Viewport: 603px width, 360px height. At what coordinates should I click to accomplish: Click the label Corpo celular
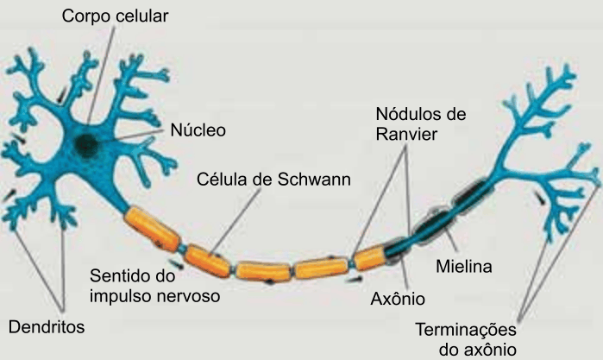coord(115,16)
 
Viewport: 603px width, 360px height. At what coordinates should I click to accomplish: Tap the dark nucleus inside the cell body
coord(86,145)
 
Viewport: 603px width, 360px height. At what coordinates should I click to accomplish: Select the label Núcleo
coord(198,130)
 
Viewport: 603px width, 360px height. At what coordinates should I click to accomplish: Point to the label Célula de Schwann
coord(273,180)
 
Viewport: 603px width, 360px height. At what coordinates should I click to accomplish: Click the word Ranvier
coord(406,135)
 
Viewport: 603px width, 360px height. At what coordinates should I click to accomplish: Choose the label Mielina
coord(464,267)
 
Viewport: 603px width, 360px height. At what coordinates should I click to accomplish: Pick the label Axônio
coord(398,299)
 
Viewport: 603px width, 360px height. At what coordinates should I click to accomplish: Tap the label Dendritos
coord(47,327)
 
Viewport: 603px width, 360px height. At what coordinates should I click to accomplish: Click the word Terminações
coord(466,331)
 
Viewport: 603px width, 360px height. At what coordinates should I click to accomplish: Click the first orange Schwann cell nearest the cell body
coord(153,228)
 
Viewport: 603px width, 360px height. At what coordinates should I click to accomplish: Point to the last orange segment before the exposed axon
coord(369,257)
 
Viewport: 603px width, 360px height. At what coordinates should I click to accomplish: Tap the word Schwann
coord(314,180)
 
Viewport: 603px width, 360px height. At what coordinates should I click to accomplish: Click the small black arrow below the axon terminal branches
coord(540,198)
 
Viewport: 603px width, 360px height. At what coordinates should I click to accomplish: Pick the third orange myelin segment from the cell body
coord(263,271)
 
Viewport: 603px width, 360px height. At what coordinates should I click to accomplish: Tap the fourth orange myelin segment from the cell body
coord(321,268)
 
